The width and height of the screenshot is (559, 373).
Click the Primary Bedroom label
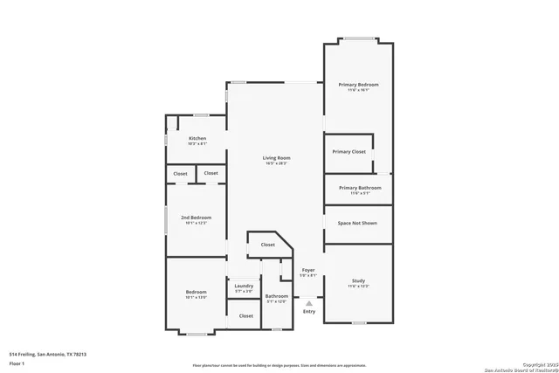[358, 84]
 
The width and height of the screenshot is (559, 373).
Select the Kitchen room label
[197, 138]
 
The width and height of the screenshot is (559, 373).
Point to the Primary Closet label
[349, 152]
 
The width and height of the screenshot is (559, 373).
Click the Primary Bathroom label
[358, 188]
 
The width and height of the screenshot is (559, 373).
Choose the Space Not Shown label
[357, 224]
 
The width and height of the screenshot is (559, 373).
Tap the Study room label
[358, 280]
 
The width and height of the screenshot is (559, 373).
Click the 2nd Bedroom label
[196, 218]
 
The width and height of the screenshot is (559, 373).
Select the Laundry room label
[244, 286]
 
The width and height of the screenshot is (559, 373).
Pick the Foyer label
[307, 271]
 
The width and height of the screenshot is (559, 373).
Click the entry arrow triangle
[308, 302]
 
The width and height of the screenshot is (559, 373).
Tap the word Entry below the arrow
[309, 312]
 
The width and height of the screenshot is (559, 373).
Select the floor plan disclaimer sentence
[279, 365]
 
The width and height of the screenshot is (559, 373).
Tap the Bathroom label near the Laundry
[277, 296]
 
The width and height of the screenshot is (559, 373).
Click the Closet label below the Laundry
[245, 316]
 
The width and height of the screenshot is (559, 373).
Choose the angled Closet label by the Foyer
[267, 245]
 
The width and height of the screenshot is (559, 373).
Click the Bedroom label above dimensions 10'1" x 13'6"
[196, 292]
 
